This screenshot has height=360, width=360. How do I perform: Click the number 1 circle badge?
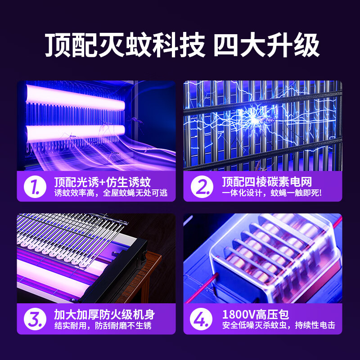click(x=35, y=187)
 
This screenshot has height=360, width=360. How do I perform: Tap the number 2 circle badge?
click(x=202, y=187)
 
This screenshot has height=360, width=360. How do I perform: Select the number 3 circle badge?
click(x=35, y=319)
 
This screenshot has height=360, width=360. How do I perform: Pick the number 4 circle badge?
click(x=201, y=319)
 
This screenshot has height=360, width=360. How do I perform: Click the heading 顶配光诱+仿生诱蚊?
click(x=103, y=182)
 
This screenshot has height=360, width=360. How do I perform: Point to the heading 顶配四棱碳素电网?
click(x=267, y=182)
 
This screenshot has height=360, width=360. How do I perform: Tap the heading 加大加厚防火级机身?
click(x=104, y=315)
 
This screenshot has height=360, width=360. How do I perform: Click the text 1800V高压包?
click(x=256, y=315)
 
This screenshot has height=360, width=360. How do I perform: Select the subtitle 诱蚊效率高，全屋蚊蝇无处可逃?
click(x=111, y=193)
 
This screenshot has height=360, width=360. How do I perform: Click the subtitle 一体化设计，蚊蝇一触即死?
click(x=272, y=193)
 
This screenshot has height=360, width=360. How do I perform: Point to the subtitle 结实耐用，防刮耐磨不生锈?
click(x=103, y=325)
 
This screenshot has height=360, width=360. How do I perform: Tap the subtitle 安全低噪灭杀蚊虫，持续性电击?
click(x=279, y=325)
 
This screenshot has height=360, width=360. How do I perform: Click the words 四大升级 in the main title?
click(x=266, y=45)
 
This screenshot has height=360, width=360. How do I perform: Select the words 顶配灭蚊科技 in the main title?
click(x=125, y=45)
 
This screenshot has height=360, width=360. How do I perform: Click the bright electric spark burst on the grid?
click(x=254, y=119)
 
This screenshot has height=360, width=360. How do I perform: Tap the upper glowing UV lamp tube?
click(x=75, y=97)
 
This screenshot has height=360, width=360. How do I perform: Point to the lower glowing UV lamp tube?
click(x=75, y=134)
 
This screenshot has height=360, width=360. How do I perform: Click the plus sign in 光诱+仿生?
click(x=103, y=183)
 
